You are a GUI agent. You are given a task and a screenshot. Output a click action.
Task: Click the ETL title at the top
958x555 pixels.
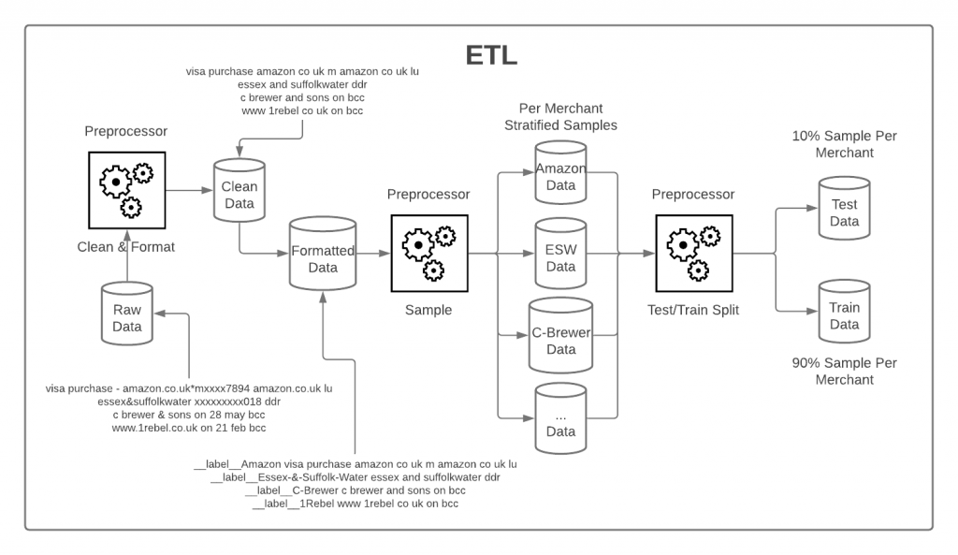coord(491,56)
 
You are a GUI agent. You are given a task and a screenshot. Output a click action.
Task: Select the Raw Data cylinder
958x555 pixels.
coord(126,315)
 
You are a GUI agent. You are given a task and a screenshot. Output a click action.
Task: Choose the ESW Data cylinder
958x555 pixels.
coord(560,255)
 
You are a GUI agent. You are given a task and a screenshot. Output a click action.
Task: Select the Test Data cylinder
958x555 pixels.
coord(844,212)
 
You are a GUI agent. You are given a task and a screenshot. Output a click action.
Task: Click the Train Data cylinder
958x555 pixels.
coord(844,314)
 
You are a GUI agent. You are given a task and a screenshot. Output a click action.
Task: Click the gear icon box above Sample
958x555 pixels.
coord(429,253)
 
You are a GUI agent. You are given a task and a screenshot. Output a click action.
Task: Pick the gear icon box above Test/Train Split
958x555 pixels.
coord(693,253)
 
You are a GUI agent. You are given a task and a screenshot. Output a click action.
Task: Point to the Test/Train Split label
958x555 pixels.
coord(693,310)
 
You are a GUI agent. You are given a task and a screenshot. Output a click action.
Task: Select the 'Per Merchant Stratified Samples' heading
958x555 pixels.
coord(560,117)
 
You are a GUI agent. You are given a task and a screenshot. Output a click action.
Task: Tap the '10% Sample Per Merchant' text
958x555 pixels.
coord(844,145)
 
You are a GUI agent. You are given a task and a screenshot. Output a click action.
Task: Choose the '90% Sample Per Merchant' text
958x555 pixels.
coord(844,372)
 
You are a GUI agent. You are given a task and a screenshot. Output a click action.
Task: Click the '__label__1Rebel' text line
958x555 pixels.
coord(356,504)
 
